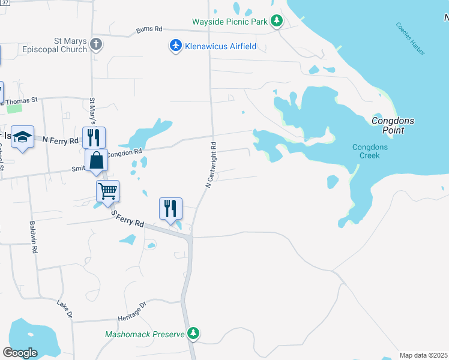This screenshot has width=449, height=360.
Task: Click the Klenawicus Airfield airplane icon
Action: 175,46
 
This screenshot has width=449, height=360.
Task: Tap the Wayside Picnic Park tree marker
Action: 276,22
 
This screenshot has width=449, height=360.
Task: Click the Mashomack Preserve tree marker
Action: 193,333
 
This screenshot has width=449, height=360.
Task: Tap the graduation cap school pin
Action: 22,137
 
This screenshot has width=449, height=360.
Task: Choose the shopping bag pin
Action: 96,160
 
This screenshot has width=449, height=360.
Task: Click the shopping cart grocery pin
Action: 107,191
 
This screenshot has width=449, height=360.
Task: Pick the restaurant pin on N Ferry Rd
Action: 94,137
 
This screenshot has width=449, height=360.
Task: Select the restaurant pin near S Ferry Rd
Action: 170,209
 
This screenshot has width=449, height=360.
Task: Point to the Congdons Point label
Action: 393,125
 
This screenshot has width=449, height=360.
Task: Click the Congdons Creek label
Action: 370,151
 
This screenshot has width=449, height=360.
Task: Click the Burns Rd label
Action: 149,28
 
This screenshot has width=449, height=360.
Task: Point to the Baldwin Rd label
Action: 33,237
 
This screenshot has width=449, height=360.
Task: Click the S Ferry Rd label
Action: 128,218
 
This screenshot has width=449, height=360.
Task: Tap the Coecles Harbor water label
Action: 410,39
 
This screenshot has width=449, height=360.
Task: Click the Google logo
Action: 20,352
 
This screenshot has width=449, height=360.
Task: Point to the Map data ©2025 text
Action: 423,355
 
